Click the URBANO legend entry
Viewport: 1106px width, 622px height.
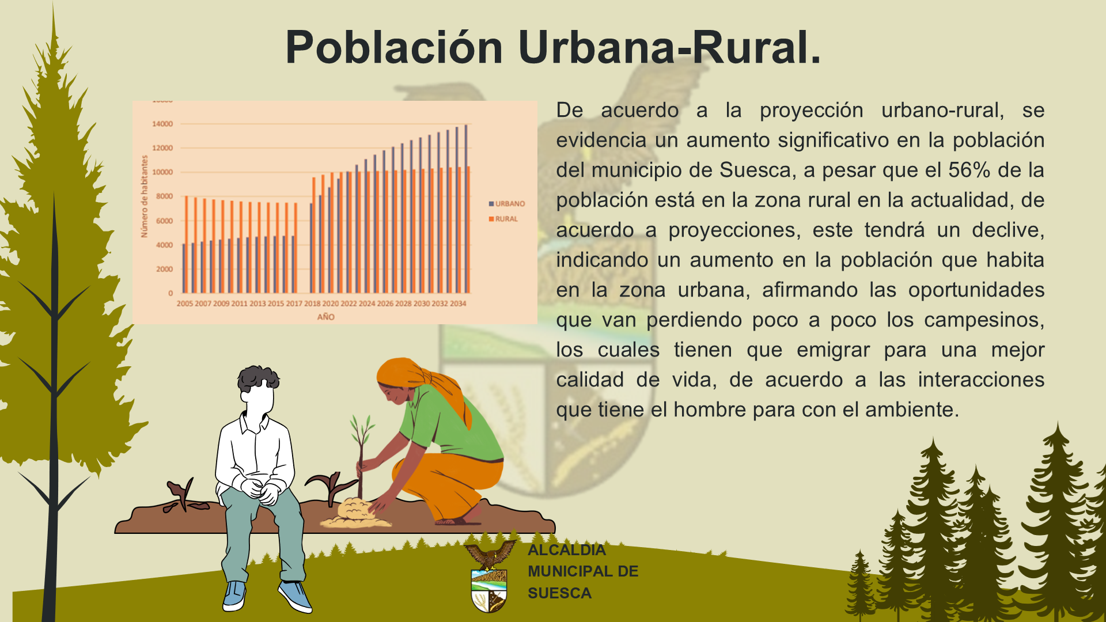507,204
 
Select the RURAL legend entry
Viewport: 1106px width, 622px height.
503,219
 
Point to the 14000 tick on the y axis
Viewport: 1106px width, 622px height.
162,124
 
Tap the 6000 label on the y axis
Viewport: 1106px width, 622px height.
164,221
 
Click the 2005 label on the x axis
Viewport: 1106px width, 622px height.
185,304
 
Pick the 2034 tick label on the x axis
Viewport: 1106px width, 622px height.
458,304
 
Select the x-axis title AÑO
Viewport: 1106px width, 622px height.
326,317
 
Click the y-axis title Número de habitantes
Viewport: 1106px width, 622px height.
144,196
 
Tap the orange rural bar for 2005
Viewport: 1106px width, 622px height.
186,244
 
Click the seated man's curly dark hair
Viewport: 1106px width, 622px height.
258,378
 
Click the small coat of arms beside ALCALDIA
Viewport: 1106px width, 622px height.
490,577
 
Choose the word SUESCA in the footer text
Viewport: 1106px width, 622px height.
559,593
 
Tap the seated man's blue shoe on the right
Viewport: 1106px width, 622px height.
295,596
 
